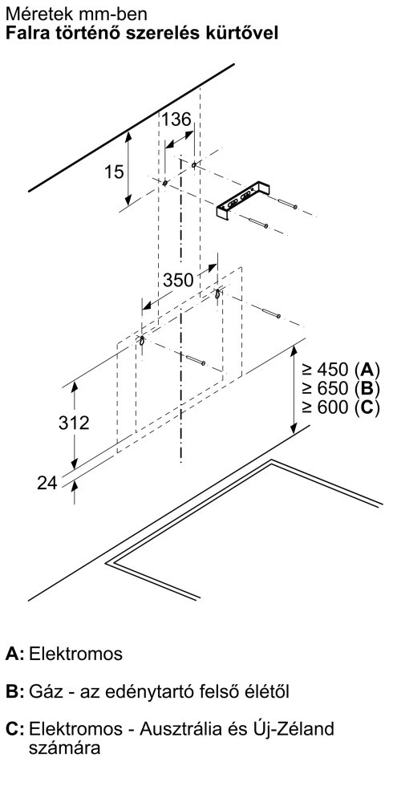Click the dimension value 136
click(176, 119)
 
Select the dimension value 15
click(114, 172)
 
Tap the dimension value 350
click(179, 280)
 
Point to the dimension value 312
click(74, 423)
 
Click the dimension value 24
click(47, 483)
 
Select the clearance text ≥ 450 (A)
click(341, 369)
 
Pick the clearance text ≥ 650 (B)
click(341, 388)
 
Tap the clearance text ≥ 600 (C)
click(341, 407)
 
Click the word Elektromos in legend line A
click(76, 654)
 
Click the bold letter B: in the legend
click(14, 691)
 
